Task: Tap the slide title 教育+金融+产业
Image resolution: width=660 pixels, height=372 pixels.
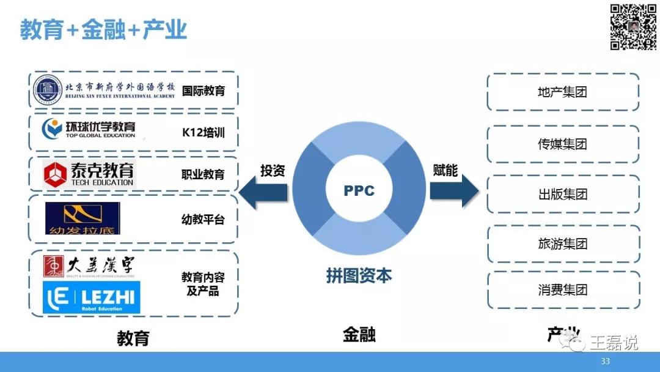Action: tap(103, 29)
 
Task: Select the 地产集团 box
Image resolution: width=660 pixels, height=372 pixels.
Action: tap(563, 92)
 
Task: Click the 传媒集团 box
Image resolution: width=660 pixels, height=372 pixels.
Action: tap(563, 144)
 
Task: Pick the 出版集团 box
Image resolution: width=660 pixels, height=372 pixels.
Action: tap(563, 195)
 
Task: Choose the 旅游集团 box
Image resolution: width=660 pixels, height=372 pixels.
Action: tap(563, 244)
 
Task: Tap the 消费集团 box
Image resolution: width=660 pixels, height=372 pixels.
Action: tap(563, 290)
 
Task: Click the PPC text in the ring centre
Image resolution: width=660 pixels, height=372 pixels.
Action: tap(359, 190)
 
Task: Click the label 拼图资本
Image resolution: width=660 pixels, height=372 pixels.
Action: tap(359, 275)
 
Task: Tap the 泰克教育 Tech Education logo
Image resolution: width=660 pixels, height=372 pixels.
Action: tap(89, 174)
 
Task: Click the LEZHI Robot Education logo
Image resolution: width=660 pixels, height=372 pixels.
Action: tap(92, 298)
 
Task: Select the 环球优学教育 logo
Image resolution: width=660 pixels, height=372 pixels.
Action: tap(89, 129)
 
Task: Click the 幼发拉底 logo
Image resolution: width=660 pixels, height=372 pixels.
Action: tap(82, 218)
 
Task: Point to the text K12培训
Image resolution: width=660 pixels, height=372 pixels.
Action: tap(203, 132)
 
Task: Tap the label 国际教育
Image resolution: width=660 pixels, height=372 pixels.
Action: tap(203, 91)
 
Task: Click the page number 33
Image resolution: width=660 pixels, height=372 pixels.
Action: tap(606, 361)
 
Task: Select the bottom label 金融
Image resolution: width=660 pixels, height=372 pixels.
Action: tap(359, 335)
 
